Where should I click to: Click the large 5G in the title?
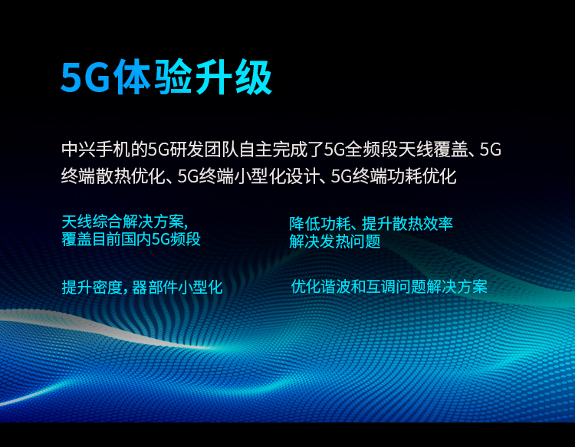[85, 78]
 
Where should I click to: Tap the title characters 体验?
[153, 77]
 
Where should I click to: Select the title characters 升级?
[233, 77]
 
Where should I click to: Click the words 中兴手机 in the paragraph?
[97, 150]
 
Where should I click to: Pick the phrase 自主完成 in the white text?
[274, 150]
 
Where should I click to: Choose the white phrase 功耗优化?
[422, 176]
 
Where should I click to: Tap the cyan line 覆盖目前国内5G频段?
[131, 239]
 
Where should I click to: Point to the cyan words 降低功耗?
[320, 224]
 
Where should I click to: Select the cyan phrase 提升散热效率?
[407, 224]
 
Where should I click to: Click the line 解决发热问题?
[335, 242]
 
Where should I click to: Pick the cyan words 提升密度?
[92, 287]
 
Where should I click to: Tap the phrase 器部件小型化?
[177, 287]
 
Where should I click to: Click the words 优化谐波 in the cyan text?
[321, 287]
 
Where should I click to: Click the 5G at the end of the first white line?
[491, 150]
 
